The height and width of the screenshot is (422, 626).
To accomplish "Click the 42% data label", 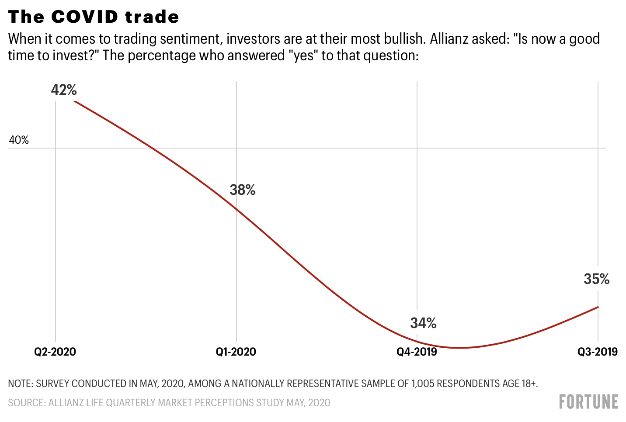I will point(64,90).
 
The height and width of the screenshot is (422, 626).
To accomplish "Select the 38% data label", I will point(243,190).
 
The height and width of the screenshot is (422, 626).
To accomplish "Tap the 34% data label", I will point(423,323).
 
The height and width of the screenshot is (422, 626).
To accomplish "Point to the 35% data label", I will point(596,279).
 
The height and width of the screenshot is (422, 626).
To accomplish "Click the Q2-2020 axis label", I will point(55,352).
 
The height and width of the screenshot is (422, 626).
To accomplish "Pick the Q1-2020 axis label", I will point(236,352).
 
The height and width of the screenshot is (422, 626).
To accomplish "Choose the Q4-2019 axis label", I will point(417,352).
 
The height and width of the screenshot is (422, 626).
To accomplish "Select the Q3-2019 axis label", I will point(597,352).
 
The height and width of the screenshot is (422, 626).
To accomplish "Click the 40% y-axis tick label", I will point(19,140).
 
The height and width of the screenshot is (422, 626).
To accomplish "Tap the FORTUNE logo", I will point(588,401).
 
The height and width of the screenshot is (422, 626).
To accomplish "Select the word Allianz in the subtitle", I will point(449,39).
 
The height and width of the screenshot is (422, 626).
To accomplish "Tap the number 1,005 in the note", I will point(422,384).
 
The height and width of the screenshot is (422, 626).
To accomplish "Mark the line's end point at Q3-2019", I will point(598,307).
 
